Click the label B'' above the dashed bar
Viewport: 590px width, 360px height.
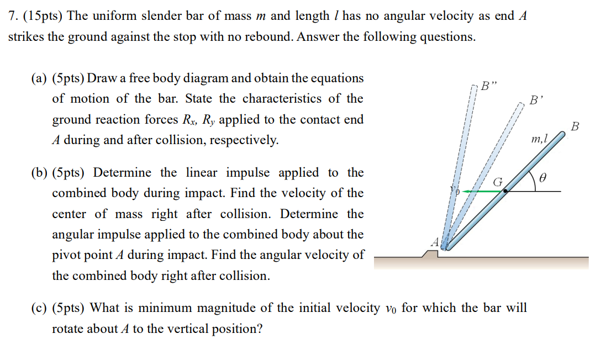tap(489, 86)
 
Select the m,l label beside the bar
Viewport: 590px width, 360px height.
tap(539, 140)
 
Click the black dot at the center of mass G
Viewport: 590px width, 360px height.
tap(505, 191)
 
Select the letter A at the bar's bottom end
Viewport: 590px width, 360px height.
tap(435, 242)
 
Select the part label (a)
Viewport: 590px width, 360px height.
tap(39, 78)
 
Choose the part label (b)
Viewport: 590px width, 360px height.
tap(39, 173)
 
